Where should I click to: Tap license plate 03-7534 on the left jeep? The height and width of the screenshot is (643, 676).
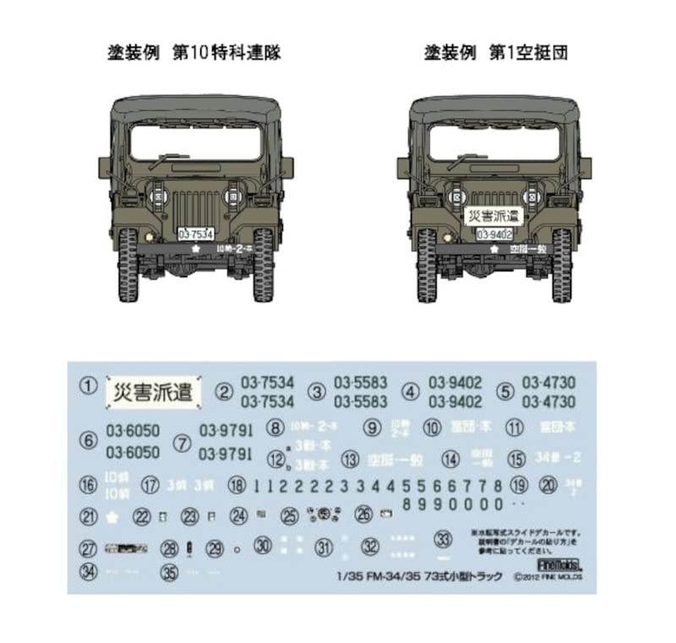tap(197, 234)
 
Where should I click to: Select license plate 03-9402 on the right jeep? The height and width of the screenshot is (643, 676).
tap(495, 234)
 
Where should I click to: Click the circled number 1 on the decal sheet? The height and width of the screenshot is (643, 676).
tap(87, 388)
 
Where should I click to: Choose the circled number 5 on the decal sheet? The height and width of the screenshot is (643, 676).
tap(505, 392)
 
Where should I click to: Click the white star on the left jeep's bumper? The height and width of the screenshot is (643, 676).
tap(195, 249)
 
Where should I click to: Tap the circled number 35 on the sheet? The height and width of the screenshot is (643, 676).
tap(171, 571)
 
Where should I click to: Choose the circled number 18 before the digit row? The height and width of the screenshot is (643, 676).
tap(237, 485)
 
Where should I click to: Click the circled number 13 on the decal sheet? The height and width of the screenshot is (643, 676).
tap(349, 459)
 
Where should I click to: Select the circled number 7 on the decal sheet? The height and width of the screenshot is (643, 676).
tap(181, 443)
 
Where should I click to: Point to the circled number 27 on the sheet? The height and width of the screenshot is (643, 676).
tap(87, 548)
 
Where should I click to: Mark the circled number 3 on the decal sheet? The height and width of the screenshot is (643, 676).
tap(317, 392)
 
